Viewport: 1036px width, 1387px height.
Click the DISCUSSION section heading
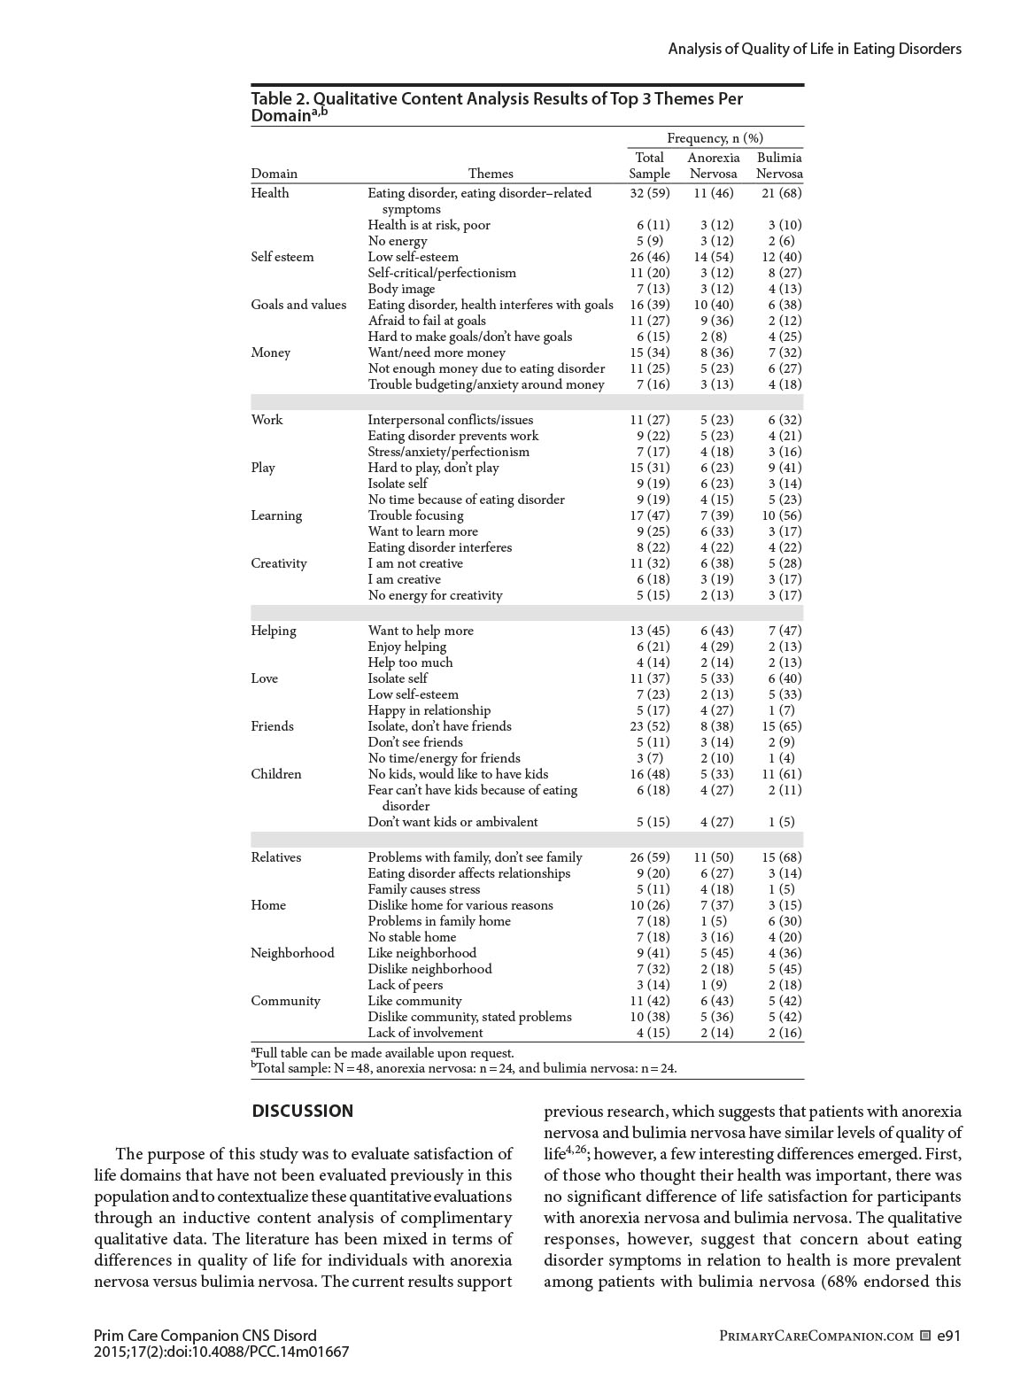pyautogui.click(x=302, y=1111)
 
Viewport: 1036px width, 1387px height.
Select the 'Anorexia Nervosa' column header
pyautogui.click(x=713, y=166)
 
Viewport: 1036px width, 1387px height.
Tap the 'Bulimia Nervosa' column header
pyautogui.click(x=779, y=166)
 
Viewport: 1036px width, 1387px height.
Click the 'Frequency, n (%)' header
pyautogui.click(x=715, y=137)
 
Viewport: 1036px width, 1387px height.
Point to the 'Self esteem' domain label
pyautogui.click(x=282, y=257)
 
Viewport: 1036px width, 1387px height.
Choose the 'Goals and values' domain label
pyautogui.click(x=298, y=305)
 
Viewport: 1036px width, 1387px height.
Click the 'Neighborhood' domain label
pyautogui.click(x=292, y=953)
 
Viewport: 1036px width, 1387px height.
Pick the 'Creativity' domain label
pyautogui.click(x=278, y=563)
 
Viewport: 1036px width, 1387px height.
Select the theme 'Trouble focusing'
pyautogui.click(x=415, y=515)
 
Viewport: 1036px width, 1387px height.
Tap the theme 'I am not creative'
pyautogui.click(x=415, y=563)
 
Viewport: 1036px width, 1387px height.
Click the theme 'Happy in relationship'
pyautogui.click(x=429, y=710)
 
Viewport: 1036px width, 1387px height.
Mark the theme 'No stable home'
pyautogui.click(x=412, y=937)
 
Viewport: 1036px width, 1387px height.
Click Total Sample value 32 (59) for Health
pyautogui.click(x=650, y=193)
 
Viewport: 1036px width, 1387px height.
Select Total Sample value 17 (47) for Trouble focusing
pyautogui.click(x=650, y=515)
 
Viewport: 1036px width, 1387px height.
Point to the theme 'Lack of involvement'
pyautogui.click(x=425, y=1033)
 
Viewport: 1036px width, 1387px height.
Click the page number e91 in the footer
pyautogui.click(x=948, y=1336)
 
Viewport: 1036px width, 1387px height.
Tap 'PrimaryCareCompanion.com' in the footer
pyautogui.click(x=816, y=1336)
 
